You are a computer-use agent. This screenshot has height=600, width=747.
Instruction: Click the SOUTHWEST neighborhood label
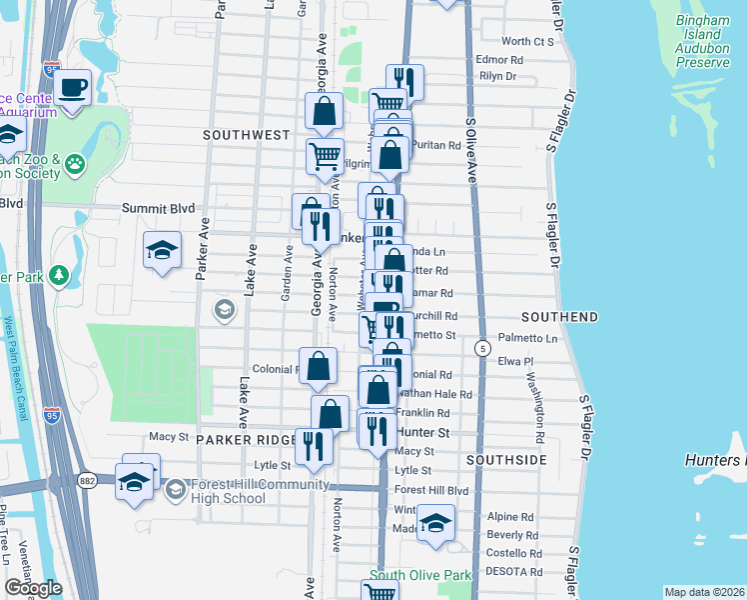(x=246, y=134)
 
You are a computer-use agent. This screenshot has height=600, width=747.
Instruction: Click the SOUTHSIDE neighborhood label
(x=506, y=459)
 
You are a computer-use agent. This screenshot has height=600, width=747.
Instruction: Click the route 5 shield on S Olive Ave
(x=483, y=348)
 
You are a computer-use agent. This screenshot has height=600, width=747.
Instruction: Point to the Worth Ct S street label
(x=527, y=41)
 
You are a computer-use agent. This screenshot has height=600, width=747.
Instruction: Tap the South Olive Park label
(x=419, y=576)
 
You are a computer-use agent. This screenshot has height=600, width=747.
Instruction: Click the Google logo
(x=34, y=588)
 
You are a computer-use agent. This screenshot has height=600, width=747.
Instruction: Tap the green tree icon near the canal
(x=59, y=274)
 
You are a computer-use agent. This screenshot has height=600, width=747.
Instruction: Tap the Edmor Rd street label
(x=500, y=60)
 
